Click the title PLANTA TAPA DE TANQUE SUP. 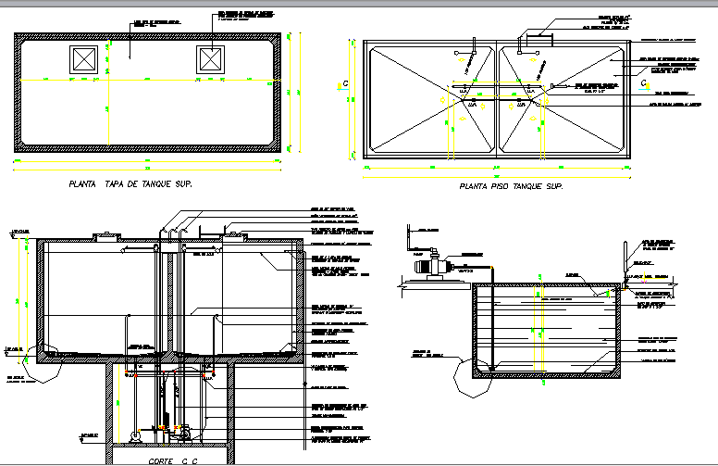[x=130, y=184]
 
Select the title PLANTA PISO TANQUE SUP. [x=511, y=186]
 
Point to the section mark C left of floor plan [x=345, y=84]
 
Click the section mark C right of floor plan [x=644, y=84]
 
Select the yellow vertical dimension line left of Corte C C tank [x=18, y=296]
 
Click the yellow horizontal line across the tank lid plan [x=148, y=82]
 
